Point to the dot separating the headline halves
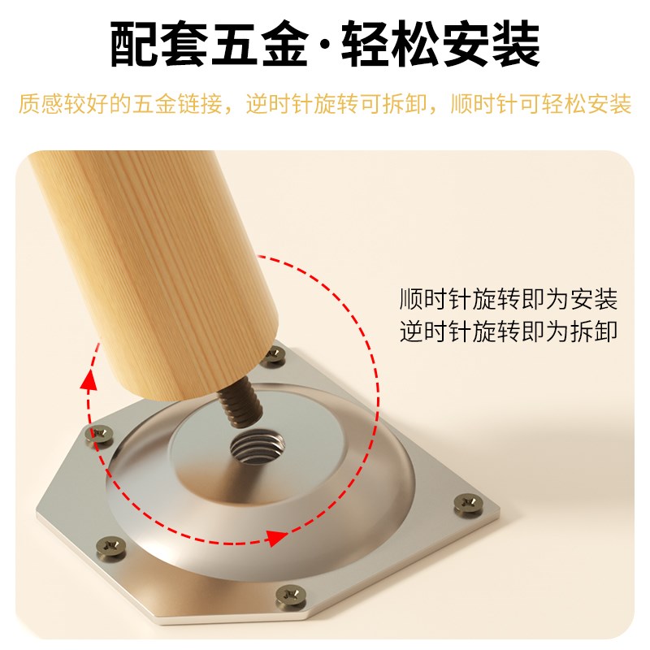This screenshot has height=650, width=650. pos(326,47)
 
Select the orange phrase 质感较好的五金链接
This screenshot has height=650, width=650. pos(118,105)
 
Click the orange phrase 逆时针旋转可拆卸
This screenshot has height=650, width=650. pos(336,105)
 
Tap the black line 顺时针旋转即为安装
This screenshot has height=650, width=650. pos(509,299)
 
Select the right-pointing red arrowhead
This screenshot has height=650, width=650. pos(279,537)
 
